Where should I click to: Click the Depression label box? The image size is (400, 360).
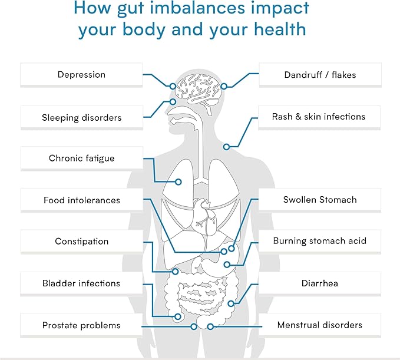81,74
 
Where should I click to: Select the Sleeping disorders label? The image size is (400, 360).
82,117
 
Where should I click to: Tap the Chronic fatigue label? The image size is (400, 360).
82,158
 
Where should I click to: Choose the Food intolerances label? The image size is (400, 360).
82,200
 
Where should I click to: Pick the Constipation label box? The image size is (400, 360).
82,241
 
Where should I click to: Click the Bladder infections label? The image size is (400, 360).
81,283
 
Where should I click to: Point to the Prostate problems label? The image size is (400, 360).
81,325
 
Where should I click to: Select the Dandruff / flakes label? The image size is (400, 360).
320,74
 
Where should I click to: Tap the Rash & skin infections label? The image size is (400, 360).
319,117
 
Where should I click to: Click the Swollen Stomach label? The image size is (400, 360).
320,200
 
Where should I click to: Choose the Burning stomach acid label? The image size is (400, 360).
320,241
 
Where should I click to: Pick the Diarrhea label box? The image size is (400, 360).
320,283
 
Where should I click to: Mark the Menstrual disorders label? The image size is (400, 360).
320,325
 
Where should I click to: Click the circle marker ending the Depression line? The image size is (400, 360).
173,86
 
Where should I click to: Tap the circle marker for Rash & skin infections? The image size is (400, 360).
226,147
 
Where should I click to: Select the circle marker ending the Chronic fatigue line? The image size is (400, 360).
178,182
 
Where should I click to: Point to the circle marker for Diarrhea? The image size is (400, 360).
231,303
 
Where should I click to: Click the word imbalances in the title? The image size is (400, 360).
197,8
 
